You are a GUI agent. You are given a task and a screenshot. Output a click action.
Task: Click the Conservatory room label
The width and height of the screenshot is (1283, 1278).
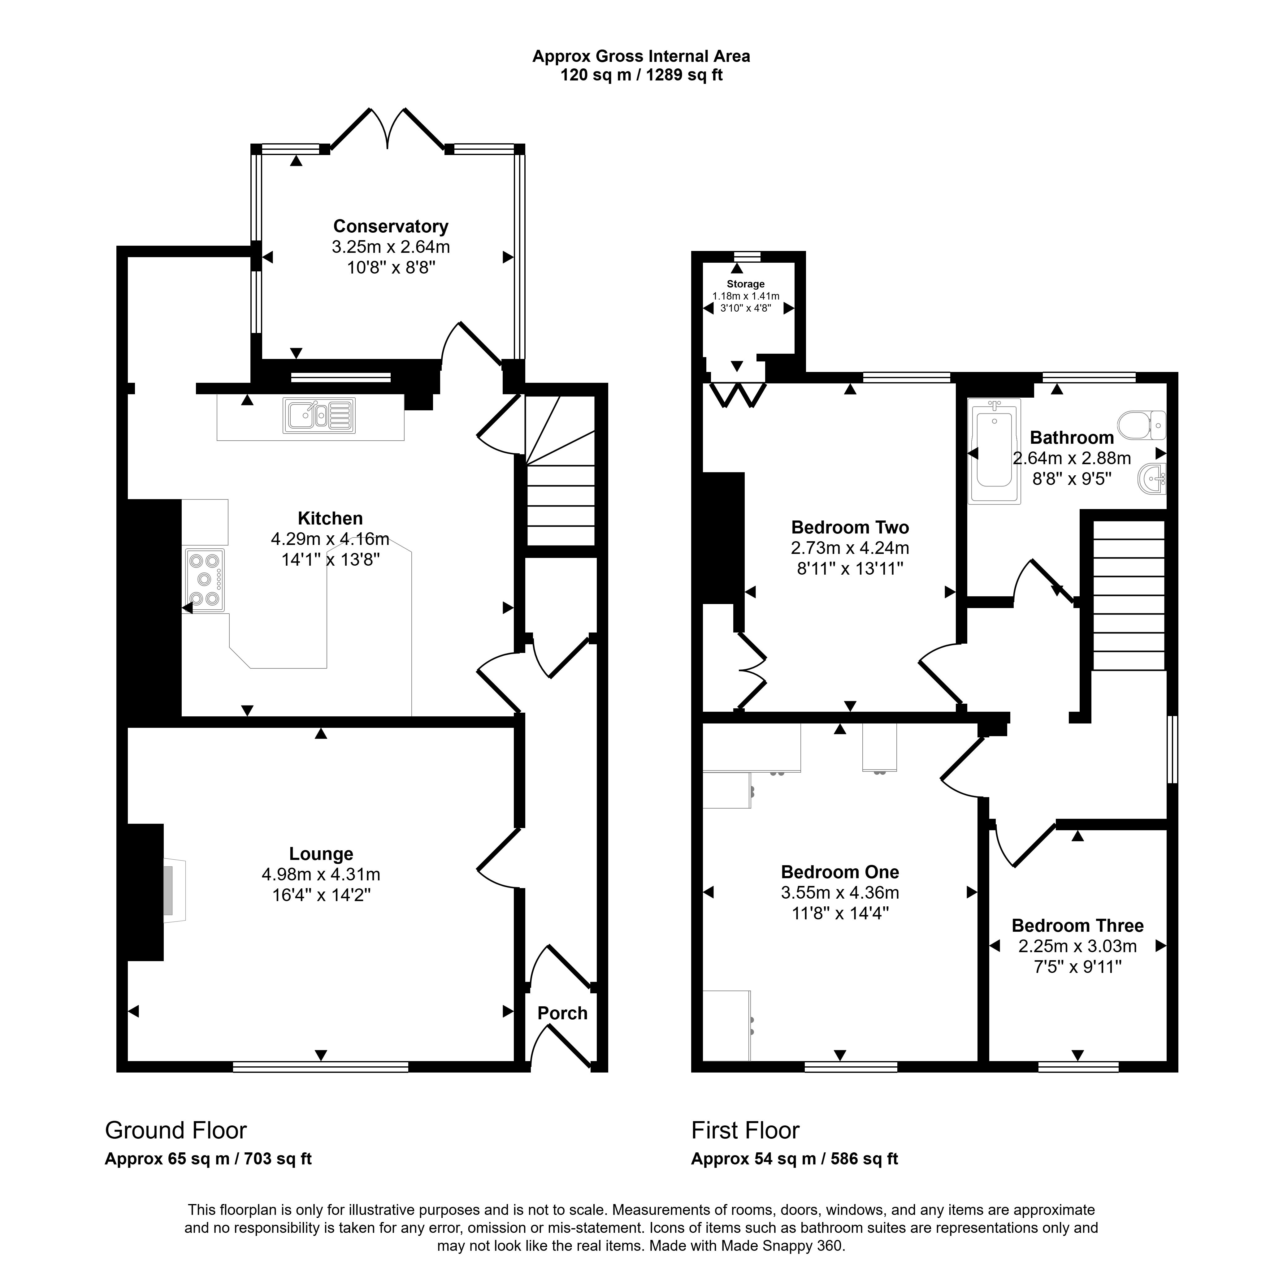(x=391, y=227)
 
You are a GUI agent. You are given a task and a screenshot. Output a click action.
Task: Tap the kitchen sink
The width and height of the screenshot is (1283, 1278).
(x=319, y=415)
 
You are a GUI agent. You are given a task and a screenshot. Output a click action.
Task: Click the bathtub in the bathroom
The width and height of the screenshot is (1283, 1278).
(x=994, y=451)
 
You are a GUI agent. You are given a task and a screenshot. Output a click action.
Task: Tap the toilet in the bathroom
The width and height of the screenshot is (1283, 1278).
(x=1142, y=425)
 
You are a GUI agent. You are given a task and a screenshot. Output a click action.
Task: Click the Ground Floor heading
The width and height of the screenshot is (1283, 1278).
(x=176, y=1130)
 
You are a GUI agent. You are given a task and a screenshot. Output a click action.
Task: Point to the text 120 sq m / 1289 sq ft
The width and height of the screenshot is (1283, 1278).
(x=641, y=75)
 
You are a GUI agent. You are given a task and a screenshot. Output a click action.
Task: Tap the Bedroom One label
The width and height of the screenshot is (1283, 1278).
(x=840, y=872)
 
